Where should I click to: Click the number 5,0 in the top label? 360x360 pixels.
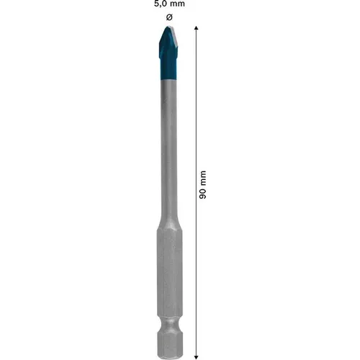pyautogui.click(x=160, y=5)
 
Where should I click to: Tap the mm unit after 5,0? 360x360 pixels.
pyautogui.click(x=177, y=5)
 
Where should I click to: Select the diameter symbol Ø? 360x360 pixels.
pyautogui.click(x=168, y=17)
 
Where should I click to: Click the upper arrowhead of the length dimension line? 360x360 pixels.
pyautogui.click(x=196, y=27)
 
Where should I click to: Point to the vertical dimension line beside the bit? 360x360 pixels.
pyautogui.click(x=196, y=108)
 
